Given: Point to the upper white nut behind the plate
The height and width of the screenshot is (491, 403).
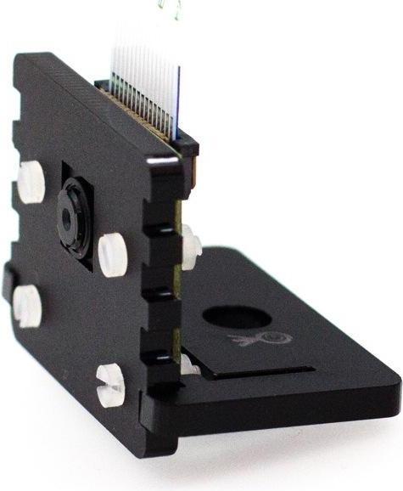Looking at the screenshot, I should pyautogui.click(x=191, y=245).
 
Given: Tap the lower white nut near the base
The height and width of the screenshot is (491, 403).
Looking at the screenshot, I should pyautogui.click(x=190, y=364).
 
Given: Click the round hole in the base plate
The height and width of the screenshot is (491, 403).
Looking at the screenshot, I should pyautogui.click(x=238, y=318).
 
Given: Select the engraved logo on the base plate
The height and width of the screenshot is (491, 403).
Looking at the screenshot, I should pyautogui.click(x=259, y=340).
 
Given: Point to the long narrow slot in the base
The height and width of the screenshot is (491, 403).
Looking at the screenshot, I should pyautogui.click(x=263, y=371).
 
